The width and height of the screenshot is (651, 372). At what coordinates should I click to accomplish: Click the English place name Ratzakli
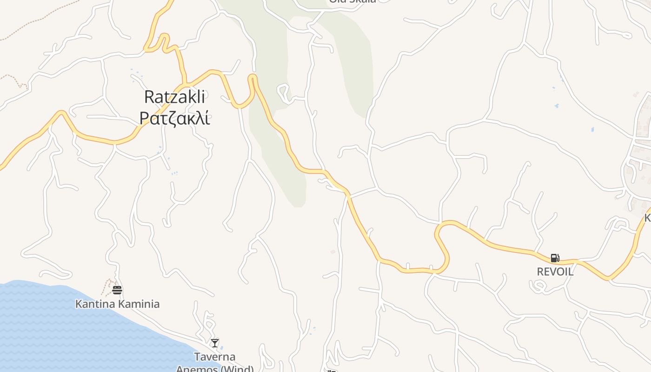coord(174,97)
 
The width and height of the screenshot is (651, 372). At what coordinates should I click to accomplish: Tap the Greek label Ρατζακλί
coord(174,119)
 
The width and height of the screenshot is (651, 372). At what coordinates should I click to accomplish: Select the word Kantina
coord(95,304)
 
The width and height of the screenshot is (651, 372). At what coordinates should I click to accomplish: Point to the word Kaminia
coord(138,304)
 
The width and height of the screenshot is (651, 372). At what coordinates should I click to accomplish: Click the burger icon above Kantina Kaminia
coord(117,290)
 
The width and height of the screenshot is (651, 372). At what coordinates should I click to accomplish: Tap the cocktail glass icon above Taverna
coord(214,343)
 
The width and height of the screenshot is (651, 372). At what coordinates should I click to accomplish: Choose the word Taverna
coord(215,357)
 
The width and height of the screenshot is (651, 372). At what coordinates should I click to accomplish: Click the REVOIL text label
coord(555,272)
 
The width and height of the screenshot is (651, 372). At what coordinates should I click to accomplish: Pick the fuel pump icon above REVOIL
coord(555,258)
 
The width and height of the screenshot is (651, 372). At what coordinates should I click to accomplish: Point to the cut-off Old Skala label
coord(352,1)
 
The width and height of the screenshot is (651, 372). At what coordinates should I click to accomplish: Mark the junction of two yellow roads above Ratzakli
coord(186,85)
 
